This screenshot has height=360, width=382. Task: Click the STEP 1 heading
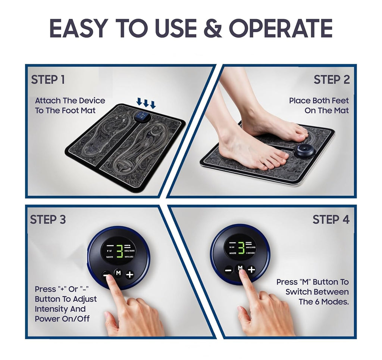[x=48, y=80]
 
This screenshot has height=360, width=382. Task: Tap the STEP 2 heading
[x=331, y=80]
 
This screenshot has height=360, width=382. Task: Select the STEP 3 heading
[x=48, y=220]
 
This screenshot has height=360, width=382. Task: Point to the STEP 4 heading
[x=331, y=220]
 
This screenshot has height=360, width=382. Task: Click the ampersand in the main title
[x=213, y=29]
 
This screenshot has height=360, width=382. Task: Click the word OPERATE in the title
[x=281, y=29]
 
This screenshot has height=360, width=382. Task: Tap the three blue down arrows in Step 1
[x=146, y=102]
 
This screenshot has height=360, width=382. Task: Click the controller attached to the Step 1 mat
[x=142, y=117]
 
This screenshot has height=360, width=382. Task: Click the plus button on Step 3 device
[x=129, y=275]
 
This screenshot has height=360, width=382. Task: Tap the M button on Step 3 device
[x=118, y=273]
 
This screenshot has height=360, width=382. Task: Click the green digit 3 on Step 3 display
[x=119, y=251]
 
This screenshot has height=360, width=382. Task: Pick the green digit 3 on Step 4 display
[x=241, y=248]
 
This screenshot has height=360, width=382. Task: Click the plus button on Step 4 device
[x=251, y=269]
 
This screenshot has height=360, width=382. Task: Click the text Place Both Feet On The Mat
[x=319, y=105]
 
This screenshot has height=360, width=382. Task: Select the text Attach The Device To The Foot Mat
[x=70, y=105]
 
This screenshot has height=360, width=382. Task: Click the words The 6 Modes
[x=324, y=302]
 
